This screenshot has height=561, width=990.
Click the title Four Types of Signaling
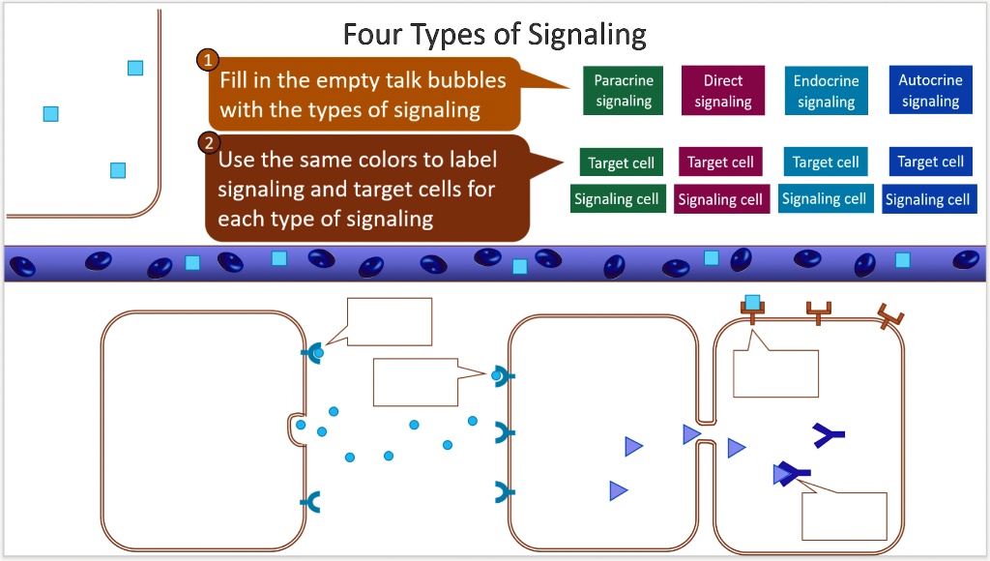tap(494, 35)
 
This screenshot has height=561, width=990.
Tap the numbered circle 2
tap(208, 144)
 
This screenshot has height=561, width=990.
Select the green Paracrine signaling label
tap(624, 90)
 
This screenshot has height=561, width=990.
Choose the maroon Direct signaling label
tap(723, 90)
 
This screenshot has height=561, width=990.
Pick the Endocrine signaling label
tap(826, 90)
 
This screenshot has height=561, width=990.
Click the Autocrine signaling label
tap(930, 90)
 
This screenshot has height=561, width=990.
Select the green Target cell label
tap(622, 162)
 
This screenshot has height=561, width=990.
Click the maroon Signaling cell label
tap(720, 199)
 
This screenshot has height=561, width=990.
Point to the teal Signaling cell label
tap(825, 198)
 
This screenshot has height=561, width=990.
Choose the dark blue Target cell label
tap(930, 162)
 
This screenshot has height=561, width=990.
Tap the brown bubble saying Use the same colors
tap(367, 188)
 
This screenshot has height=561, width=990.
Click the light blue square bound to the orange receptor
tap(752, 302)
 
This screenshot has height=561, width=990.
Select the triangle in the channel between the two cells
tap(691, 434)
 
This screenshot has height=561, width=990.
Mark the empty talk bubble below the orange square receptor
tap(775, 372)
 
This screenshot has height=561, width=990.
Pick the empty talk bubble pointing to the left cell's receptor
tap(389, 321)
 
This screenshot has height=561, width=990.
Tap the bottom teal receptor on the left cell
tap(311, 501)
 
